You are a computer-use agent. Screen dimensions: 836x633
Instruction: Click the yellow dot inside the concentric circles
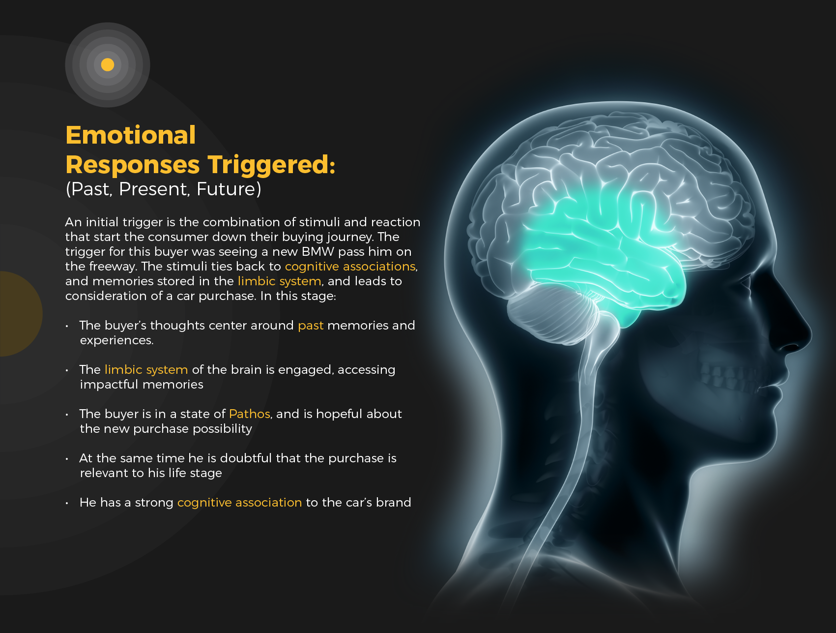tap(108, 64)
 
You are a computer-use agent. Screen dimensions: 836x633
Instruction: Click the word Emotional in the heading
tap(131, 135)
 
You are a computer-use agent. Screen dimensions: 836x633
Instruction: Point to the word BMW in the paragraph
tap(317, 252)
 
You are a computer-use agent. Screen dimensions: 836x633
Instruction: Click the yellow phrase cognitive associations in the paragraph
tap(350, 267)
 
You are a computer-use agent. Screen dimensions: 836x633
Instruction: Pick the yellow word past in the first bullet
tap(311, 326)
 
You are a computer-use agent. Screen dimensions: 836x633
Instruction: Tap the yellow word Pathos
tap(249, 414)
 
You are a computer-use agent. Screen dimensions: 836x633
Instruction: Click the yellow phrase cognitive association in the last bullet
tap(239, 503)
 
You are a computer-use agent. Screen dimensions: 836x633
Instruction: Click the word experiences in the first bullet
tap(116, 341)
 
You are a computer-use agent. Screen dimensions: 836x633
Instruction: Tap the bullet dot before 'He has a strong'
tap(67, 503)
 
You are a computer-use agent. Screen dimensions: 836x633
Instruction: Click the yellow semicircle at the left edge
tap(20, 314)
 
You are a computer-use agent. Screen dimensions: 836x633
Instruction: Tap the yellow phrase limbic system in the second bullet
tap(146, 370)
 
